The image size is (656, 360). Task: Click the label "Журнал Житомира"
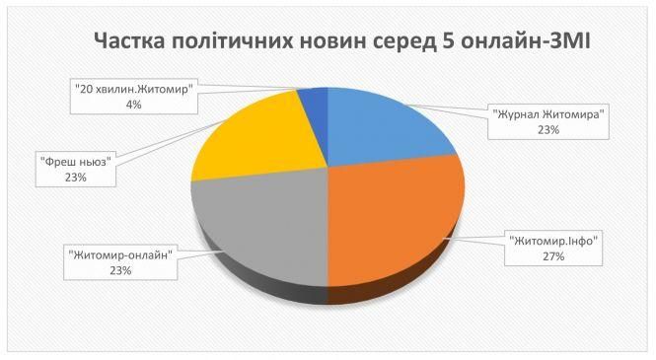point(548,113)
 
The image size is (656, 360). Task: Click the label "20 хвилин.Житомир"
point(134,89)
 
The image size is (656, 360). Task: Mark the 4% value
point(134,105)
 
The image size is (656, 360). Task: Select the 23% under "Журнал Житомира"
point(548,129)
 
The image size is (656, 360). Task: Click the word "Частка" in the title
point(135,42)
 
